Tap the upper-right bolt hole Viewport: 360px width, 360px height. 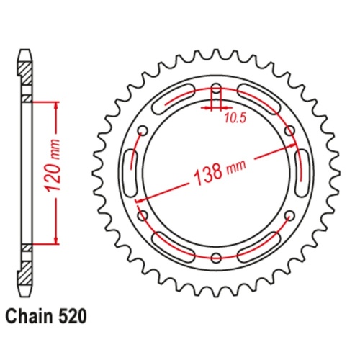[x=289, y=131]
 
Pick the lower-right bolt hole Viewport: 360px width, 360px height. [x=289, y=216]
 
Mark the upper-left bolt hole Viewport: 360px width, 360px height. [x=143, y=131]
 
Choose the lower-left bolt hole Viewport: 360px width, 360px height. [x=143, y=216]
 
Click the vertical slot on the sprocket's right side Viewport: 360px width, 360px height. [x=300, y=174]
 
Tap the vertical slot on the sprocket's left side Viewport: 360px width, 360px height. [x=132, y=174]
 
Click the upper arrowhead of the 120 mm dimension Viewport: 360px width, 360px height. [x=55, y=105]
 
